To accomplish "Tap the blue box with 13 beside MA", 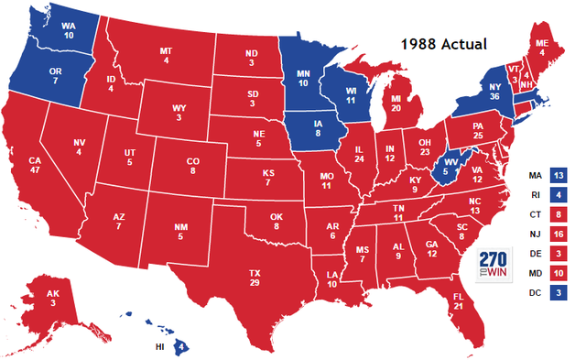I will click(x=559, y=174).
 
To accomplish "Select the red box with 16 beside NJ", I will click(x=559, y=234).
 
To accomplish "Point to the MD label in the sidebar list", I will click(x=535, y=274).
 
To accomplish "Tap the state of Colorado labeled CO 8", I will click(x=192, y=165).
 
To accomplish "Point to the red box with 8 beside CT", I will click(x=559, y=213).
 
